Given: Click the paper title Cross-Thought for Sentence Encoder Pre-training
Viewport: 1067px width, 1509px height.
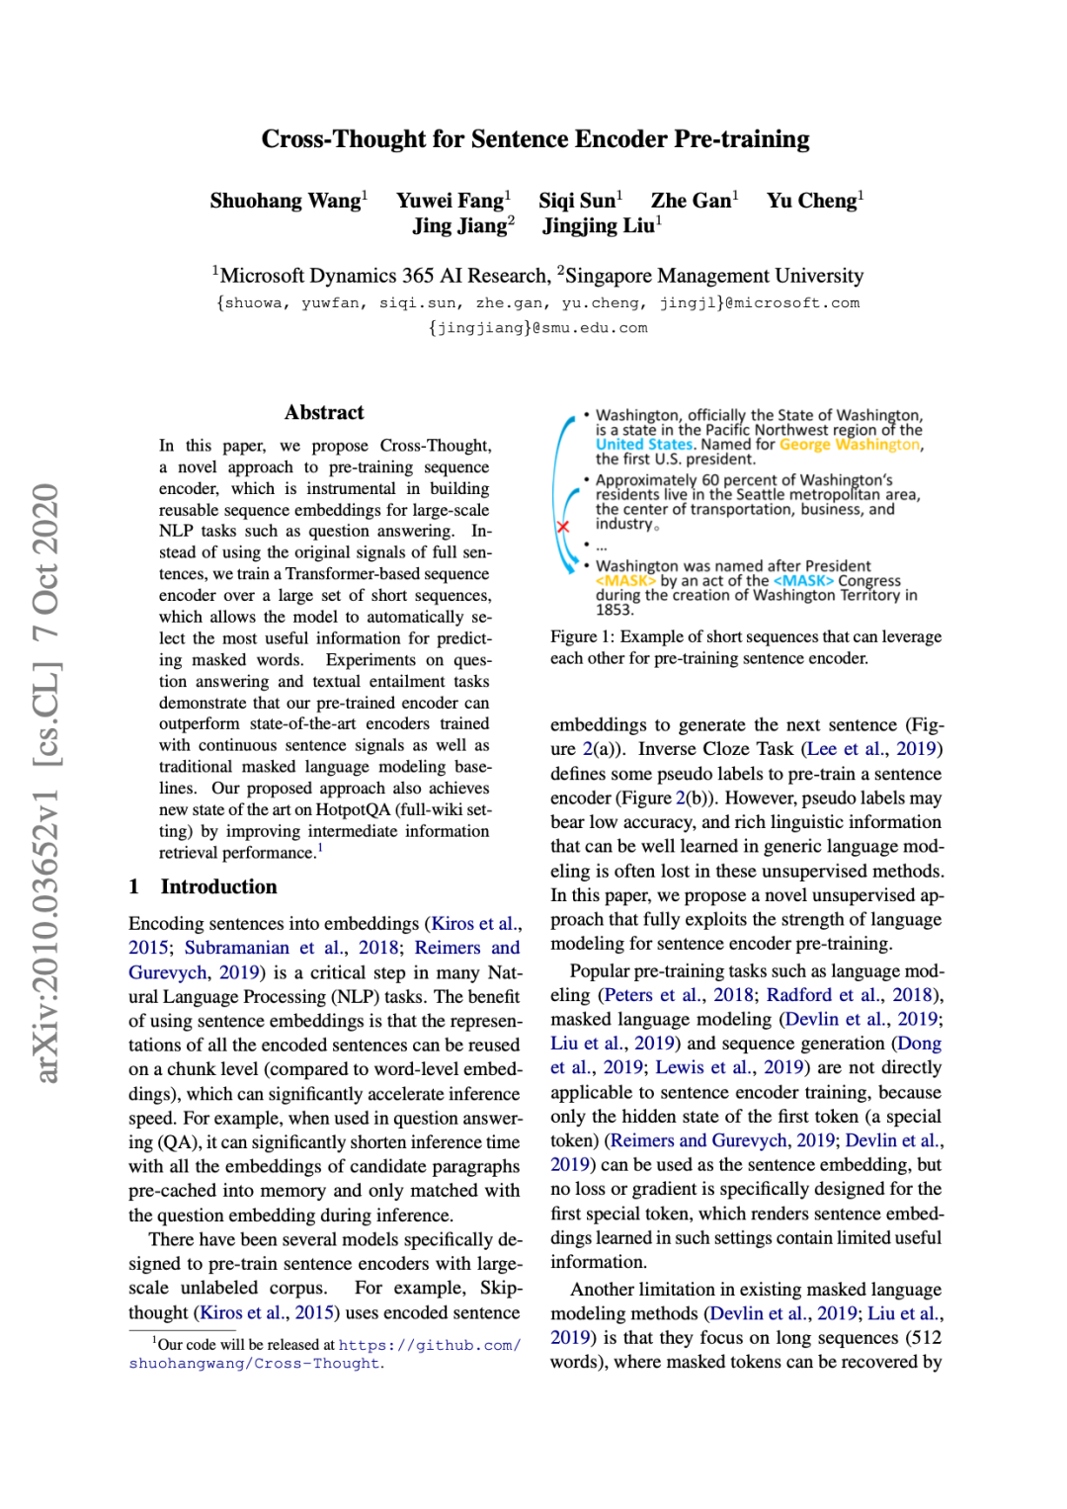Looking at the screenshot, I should point(534,139).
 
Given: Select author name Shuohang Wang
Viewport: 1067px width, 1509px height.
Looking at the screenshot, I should point(285,201).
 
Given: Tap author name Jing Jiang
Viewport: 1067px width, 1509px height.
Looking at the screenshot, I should point(459,226).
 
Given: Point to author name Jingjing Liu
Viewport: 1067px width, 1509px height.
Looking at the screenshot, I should point(598,226).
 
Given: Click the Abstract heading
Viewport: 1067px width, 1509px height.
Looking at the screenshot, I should point(324,413).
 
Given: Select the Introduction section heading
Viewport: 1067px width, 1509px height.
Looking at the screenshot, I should point(218,886).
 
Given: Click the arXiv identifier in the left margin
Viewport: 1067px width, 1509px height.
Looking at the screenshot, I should point(46,781).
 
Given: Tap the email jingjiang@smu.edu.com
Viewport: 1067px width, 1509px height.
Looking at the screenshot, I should point(537,328).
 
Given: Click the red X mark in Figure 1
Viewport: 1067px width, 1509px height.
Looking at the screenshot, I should point(563,527).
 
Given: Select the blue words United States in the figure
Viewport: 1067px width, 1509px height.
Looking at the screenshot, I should point(643,445).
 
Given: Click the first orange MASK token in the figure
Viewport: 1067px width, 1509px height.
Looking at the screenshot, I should point(625,581).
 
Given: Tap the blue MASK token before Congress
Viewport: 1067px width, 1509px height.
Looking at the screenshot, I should point(803,581).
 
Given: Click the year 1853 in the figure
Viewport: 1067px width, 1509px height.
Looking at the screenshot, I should point(614,610).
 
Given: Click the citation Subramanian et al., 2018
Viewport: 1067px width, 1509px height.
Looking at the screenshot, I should point(291,948).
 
